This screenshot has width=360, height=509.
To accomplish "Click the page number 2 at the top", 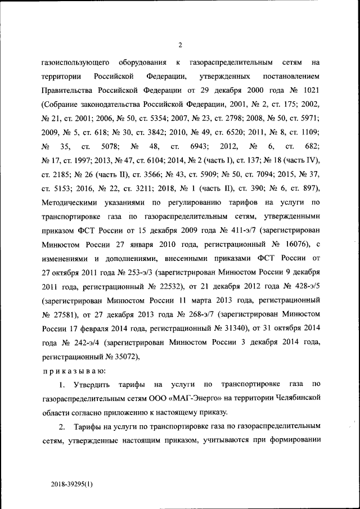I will tap(180, 46).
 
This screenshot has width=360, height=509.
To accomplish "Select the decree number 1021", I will tap(309, 90).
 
